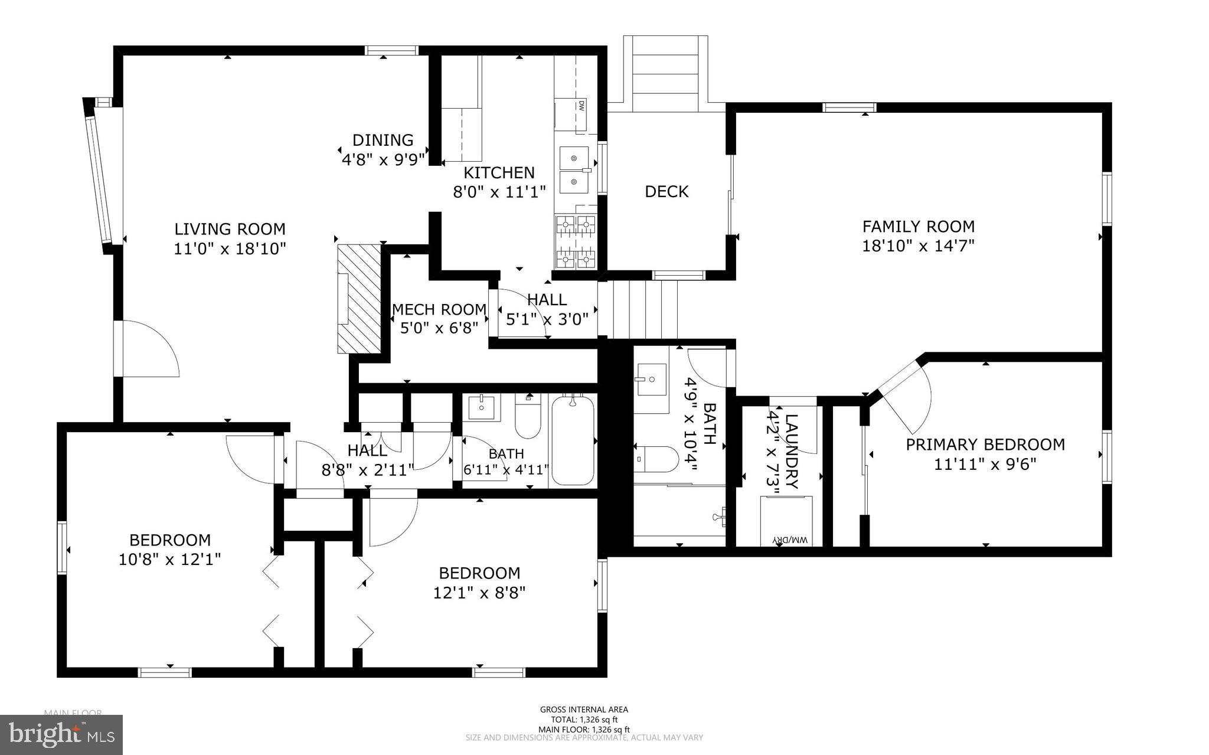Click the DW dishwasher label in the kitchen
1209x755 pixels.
point(581,107)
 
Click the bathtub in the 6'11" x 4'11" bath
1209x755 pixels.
point(572,441)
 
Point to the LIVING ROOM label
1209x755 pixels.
point(230,229)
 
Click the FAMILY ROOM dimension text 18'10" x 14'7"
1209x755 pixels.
point(918,246)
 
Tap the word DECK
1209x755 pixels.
point(666,191)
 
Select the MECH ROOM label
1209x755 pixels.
point(439,309)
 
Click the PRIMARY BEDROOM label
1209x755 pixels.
point(985,444)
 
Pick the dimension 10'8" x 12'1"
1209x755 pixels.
point(170,559)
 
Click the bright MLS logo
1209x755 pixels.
point(61,734)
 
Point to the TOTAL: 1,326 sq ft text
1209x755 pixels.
point(584,720)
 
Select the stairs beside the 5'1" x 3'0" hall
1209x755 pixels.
point(641,309)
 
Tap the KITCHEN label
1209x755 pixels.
point(499,172)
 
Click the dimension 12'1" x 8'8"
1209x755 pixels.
point(479,592)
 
